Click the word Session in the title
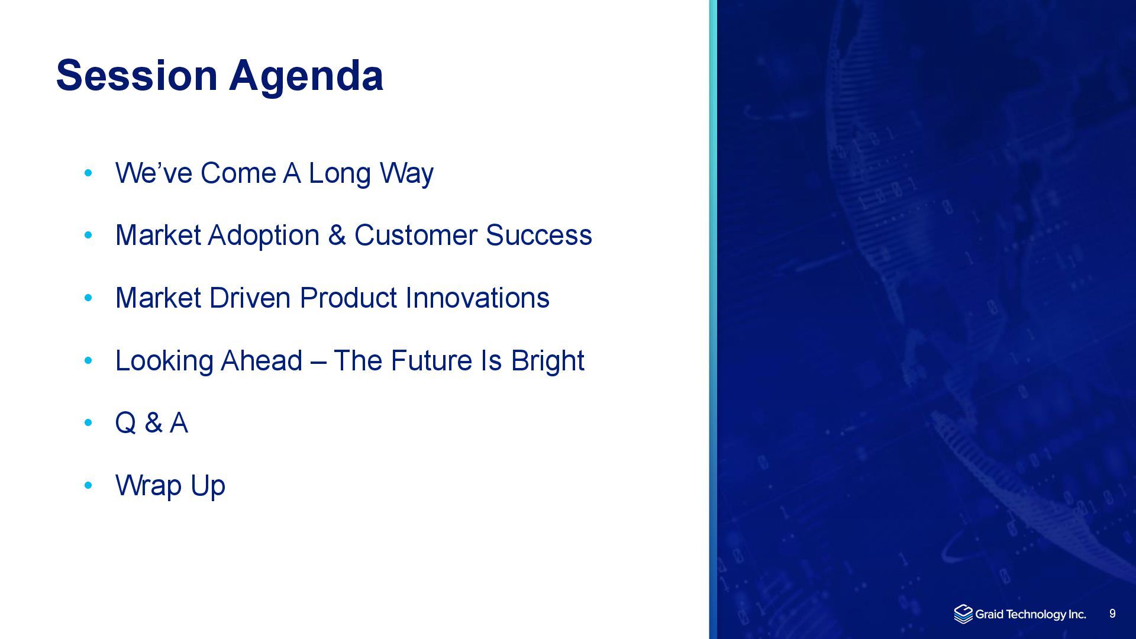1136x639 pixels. [x=137, y=75]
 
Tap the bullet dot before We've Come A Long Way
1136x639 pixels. [x=89, y=173]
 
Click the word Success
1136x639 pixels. [x=538, y=235]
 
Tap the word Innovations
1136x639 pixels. [x=477, y=298]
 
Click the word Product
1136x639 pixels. [x=348, y=298]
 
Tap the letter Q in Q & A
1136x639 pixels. [x=125, y=423]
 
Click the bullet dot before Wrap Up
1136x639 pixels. [x=89, y=486]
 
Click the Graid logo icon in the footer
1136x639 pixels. [x=963, y=614]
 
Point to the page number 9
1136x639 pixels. [x=1112, y=614]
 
